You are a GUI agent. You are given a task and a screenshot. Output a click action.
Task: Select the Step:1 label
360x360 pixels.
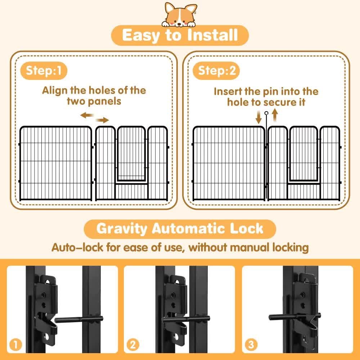coord(46,71)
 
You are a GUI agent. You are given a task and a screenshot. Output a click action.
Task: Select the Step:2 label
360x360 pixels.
coord(217,71)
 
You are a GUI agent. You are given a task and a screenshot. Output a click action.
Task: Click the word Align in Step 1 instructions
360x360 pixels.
coord(54,90)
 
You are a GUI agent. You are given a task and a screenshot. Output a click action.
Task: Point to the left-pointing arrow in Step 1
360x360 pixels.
coord(86,115)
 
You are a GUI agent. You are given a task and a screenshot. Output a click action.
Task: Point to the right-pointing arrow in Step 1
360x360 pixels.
coord(102,120)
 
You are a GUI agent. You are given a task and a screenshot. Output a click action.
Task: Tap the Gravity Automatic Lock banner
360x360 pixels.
coord(180,229)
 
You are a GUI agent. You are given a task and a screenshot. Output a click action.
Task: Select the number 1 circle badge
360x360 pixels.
coord(15,345)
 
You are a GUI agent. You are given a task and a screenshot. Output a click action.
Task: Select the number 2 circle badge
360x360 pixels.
coord(133,345)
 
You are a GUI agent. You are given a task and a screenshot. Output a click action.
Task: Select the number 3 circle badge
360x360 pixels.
coord(250,345)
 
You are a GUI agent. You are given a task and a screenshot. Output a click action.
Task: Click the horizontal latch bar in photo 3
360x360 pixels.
coord(283,317)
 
